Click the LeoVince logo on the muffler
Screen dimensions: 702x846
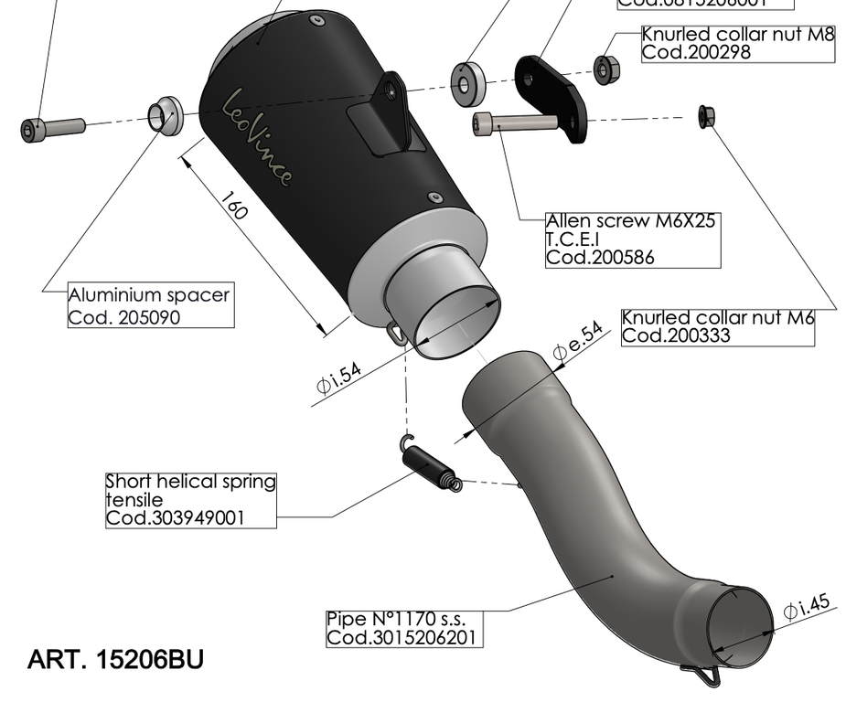click(259, 137)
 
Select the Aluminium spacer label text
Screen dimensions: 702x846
click(149, 296)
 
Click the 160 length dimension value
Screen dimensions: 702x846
click(234, 209)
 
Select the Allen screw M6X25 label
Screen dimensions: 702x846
click(631, 221)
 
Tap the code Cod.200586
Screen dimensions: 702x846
click(600, 258)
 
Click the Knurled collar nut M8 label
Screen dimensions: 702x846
click(738, 34)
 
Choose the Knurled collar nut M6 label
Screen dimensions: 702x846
click(717, 318)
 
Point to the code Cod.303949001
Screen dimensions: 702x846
click(175, 517)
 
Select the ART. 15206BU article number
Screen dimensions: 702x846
click(116, 658)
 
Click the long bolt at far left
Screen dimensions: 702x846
click(52, 126)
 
